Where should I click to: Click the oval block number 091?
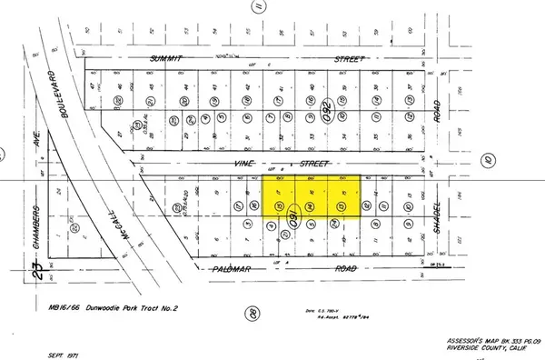293,221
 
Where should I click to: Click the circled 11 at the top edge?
258,9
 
